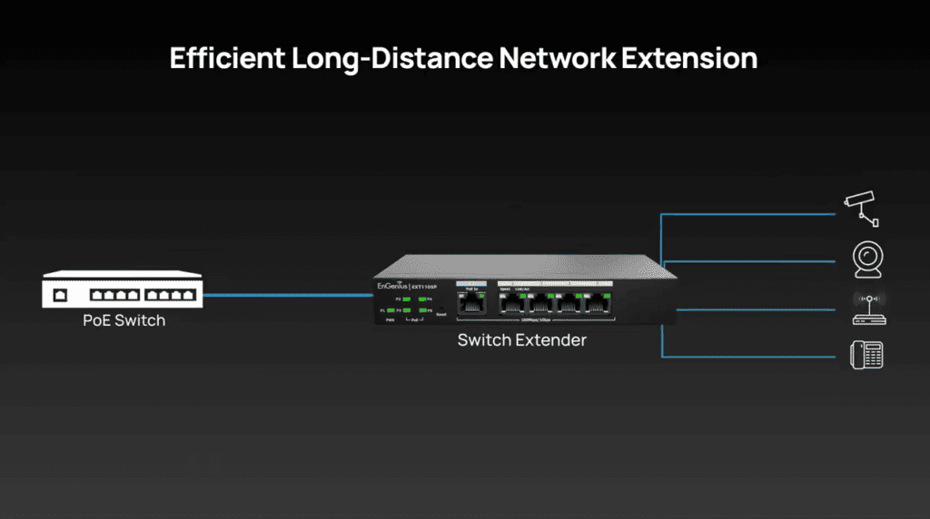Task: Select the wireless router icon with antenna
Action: coord(867,308)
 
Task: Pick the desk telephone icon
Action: coord(866,354)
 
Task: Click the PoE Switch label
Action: coord(124,320)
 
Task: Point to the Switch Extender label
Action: coord(522,340)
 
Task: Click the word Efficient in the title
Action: coord(227,58)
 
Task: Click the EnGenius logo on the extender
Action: coord(392,287)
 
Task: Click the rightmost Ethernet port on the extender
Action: coord(598,304)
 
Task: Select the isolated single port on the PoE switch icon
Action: coord(61,295)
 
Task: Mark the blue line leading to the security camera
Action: coord(754,215)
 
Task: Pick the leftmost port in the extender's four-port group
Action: coord(512,304)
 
